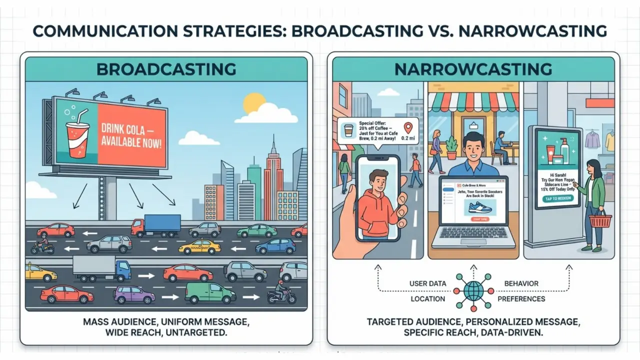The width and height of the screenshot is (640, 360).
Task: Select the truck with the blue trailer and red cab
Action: click(156, 225)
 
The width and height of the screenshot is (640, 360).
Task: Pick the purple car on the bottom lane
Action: click(134, 294)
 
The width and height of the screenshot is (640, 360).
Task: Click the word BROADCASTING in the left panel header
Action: click(166, 68)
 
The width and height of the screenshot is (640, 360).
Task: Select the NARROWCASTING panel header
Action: click(473, 68)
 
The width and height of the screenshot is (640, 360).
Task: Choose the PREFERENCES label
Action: click(521, 299)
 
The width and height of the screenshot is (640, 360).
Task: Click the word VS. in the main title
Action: click(440, 31)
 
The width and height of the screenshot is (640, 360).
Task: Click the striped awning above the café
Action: click(475, 101)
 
